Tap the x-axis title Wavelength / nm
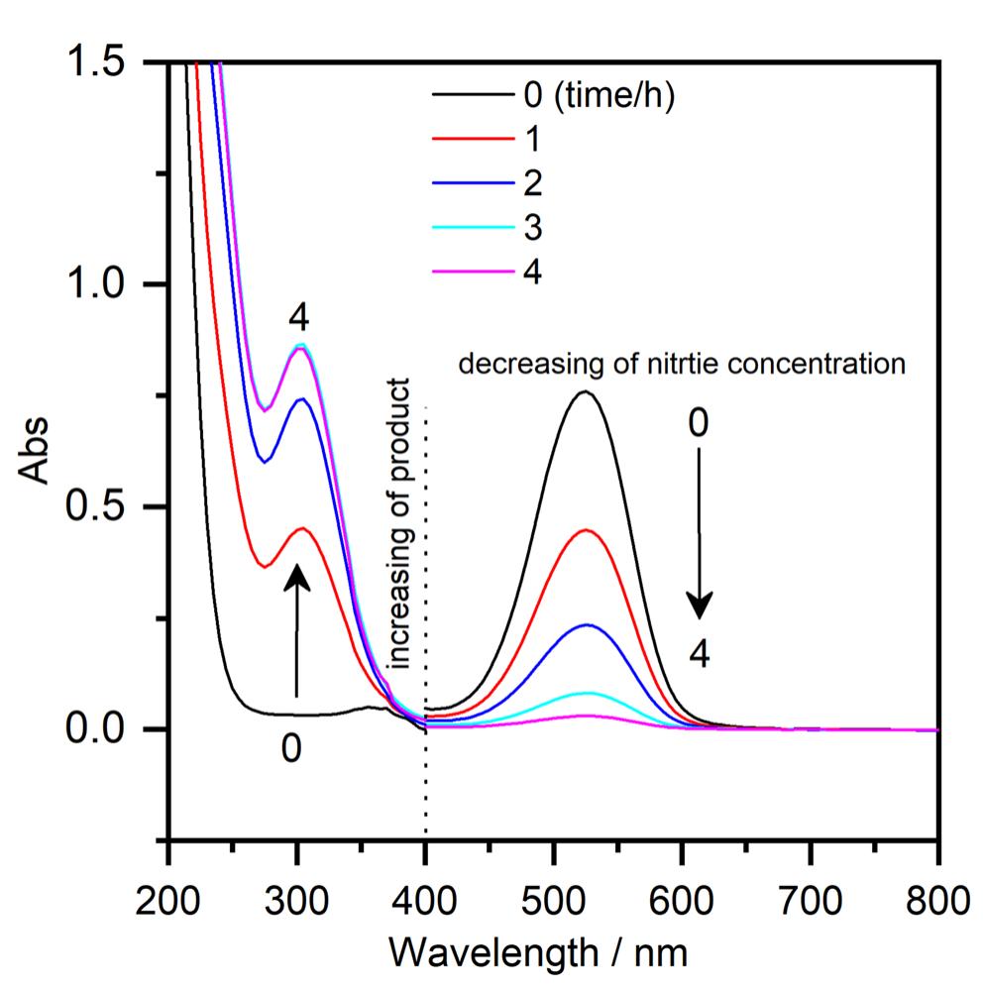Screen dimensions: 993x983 click(x=552, y=953)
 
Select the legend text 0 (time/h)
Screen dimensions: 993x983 click(x=600, y=97)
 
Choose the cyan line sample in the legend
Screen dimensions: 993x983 click(x=471, y=228)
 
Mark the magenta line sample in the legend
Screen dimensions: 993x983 click(x=471, y=272)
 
